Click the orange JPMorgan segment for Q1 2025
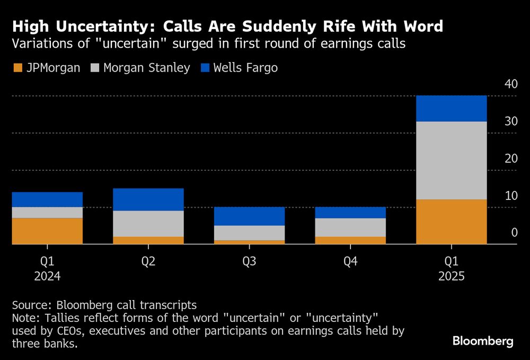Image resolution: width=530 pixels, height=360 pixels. point(451,222)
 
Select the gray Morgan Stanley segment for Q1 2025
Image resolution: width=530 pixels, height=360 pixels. point(451,160)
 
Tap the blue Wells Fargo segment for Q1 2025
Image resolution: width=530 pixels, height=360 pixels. point(451,109)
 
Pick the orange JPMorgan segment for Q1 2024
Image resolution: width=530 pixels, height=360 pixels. point(47,231)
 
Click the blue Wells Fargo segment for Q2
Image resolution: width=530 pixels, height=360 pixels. point(148,199)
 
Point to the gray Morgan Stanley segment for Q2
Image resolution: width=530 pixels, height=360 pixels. point(148,224)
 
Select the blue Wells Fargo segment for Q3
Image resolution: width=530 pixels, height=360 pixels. point(249,216)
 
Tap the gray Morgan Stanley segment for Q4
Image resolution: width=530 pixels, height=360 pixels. point(350,227)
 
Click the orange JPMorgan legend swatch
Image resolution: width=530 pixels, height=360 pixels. point(17,68)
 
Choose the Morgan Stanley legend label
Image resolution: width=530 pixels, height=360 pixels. point(147,68)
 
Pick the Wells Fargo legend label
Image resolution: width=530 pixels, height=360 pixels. point(245,68)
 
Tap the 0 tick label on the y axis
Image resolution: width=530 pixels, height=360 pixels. point(513,233)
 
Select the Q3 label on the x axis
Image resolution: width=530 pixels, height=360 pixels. point(249,262)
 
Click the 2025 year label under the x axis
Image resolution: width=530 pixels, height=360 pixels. point(451,276)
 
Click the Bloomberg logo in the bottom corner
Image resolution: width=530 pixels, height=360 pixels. point(483,341)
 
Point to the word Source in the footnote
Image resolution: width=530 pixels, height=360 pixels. point(30,305)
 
